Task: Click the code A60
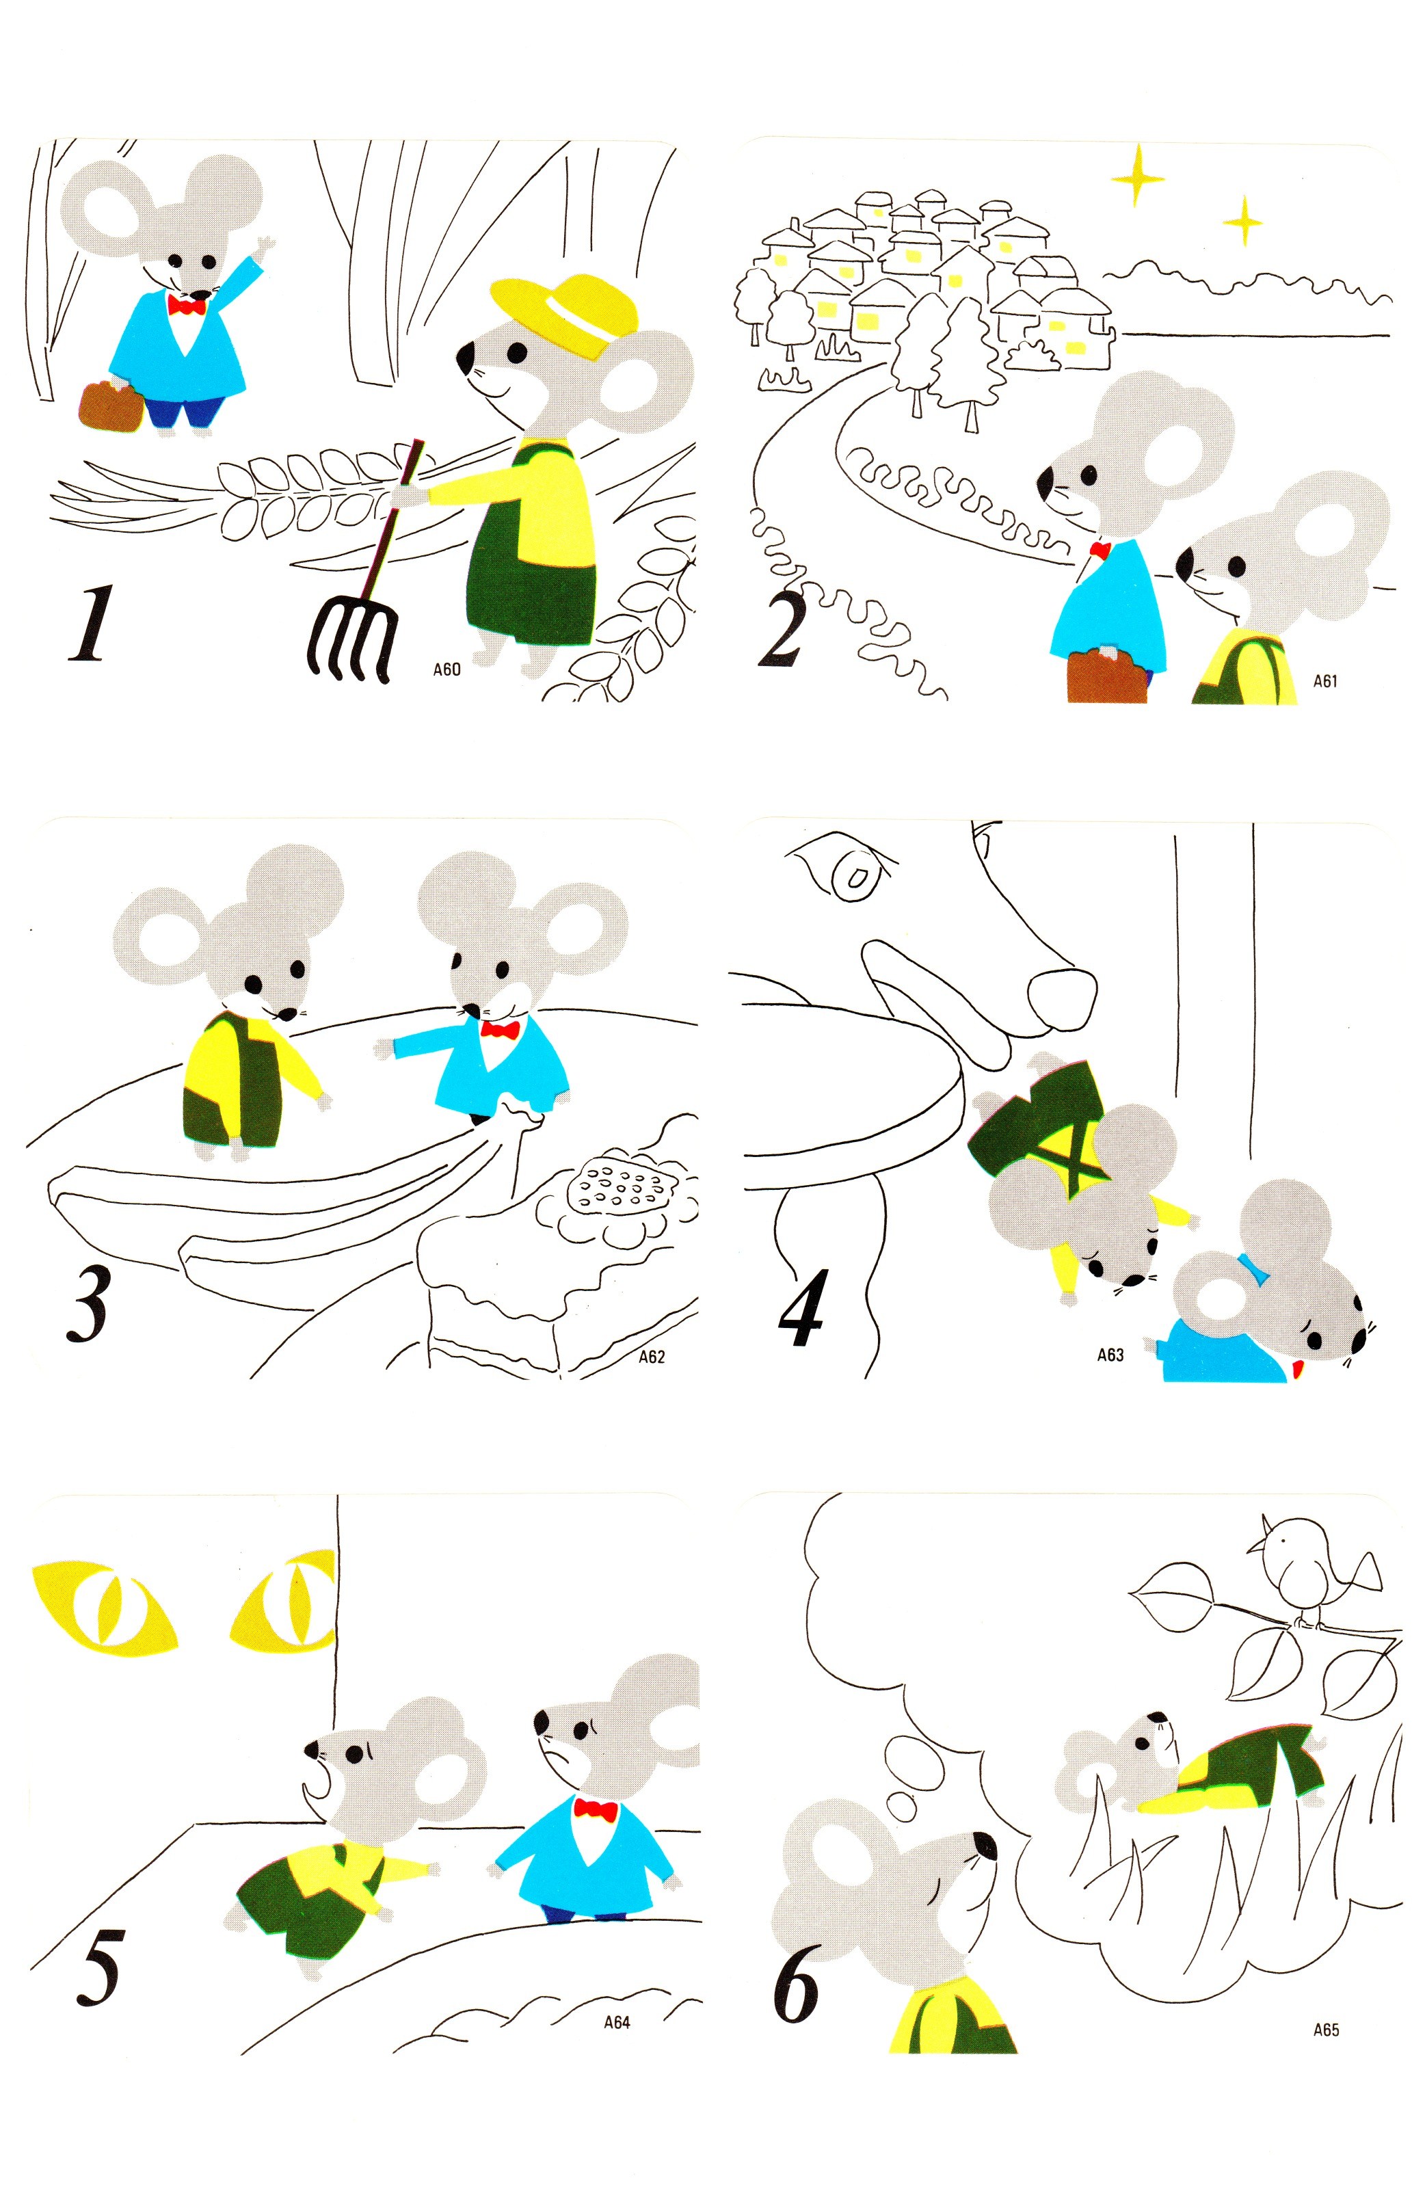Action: coord(447,669)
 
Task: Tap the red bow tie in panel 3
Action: coord(500,1030)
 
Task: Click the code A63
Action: coord(1110,1355)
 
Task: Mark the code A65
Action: coord(1326,2026)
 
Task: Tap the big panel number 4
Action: coord(801,1305)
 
